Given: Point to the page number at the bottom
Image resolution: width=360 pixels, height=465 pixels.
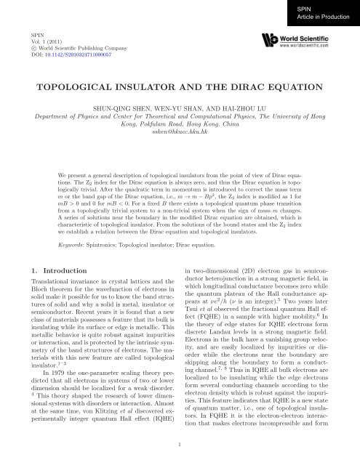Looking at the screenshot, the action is click(180, 440).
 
